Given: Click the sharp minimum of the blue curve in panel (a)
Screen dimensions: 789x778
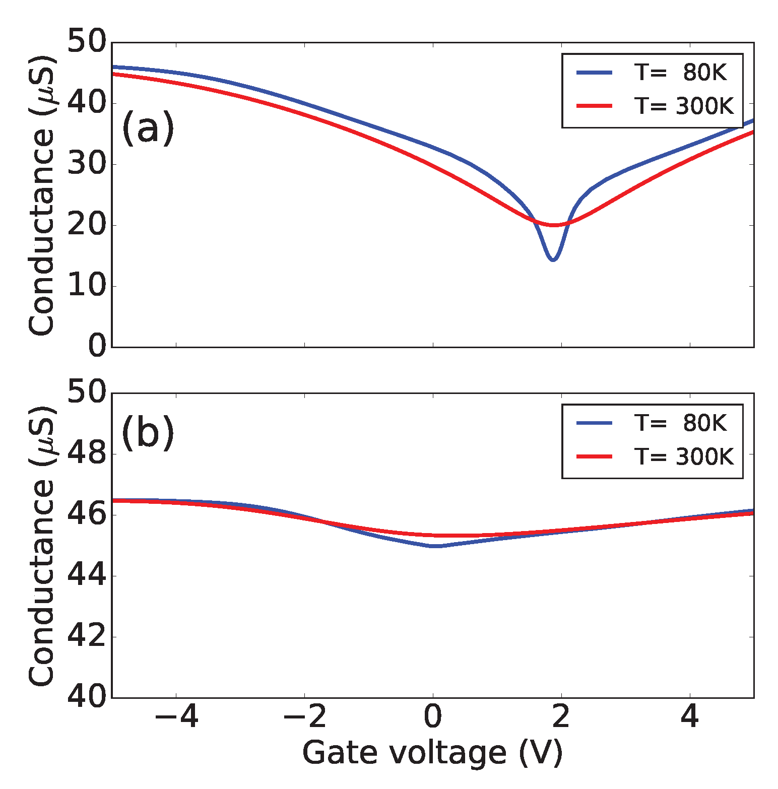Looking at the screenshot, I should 553,259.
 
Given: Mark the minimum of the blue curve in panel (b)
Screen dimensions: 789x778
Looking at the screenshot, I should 436,546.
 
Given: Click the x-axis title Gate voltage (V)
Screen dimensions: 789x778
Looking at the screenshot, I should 432,753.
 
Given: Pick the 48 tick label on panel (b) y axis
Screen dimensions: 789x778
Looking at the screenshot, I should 87,454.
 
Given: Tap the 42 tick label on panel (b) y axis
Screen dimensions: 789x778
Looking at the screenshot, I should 87,637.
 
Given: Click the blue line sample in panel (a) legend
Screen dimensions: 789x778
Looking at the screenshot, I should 595,73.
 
